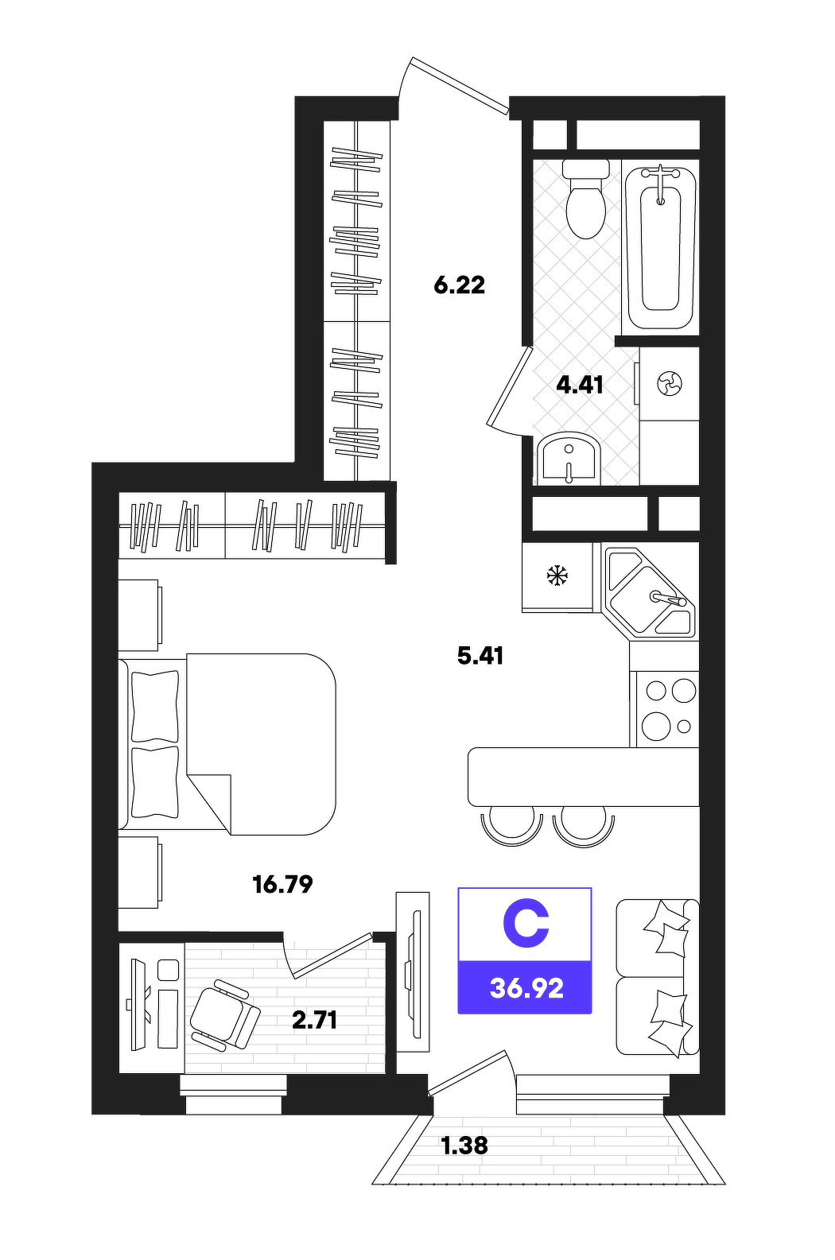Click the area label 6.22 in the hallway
(459, 285)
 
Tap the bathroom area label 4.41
(580, 386)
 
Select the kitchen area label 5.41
(480, 656)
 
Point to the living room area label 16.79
(282, 885)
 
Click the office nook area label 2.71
(315, 1020)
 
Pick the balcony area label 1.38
(464, 1146)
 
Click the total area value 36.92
(526, 988)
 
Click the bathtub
(661, 248)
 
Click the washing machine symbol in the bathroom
(670, 384)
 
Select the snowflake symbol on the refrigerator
(557, 576)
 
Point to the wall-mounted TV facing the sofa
(415, 975)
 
